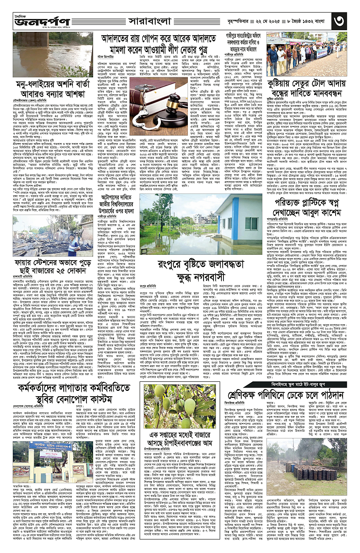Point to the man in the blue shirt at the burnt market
coord(73,244)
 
